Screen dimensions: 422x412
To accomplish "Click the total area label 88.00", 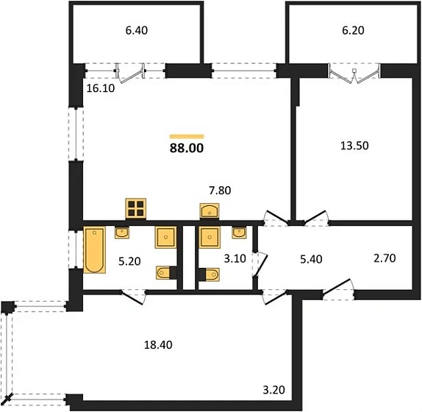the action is point(187,148).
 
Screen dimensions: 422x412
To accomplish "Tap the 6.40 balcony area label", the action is point(137,30).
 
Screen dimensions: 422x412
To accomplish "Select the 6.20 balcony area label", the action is point(353,30).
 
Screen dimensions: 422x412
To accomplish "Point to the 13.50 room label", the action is point(354,146).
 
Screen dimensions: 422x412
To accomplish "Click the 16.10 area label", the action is point(101,88).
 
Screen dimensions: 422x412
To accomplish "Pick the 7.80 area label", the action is point(220,191).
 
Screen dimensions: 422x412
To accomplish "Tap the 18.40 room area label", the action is point(158,344).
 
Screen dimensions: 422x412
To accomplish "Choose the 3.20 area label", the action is point(273,390).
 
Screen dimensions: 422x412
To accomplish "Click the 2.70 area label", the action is point(385,258).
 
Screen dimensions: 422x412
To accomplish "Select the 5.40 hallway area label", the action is point(311,259).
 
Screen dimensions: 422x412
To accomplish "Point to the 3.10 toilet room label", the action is point(235,258).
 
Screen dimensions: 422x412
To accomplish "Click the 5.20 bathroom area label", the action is point(129,261).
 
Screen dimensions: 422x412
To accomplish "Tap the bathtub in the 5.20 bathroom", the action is point(94,250).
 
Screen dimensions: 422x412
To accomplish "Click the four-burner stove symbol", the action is point(136,208).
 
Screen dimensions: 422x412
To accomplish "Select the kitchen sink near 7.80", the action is point(210,210).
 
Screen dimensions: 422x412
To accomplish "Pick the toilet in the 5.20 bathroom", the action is point(166,273).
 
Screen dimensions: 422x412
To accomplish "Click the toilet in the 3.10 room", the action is point(209,274).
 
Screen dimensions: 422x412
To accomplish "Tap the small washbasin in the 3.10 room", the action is point(239,232).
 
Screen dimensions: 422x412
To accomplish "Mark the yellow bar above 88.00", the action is point(187,137).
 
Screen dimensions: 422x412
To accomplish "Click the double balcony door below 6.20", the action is point(354,73).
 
